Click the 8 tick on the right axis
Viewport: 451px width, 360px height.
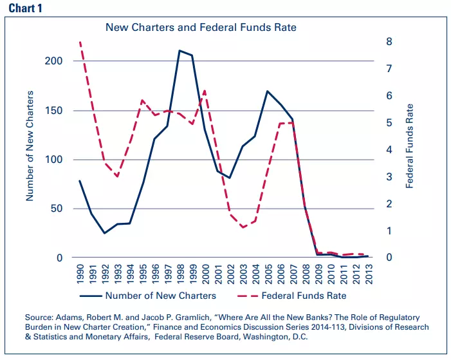pos(389,42)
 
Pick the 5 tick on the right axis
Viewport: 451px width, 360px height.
pos(389,123)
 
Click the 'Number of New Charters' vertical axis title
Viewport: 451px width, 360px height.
pos(29,151)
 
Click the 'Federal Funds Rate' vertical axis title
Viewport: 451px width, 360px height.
pos(410,146)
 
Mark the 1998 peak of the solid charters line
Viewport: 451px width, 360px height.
pos(179,50)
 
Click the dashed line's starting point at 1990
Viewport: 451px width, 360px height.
pos(80,43)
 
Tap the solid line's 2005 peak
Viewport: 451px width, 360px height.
pos(267,91)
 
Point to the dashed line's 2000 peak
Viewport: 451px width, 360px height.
pos(205,90)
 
